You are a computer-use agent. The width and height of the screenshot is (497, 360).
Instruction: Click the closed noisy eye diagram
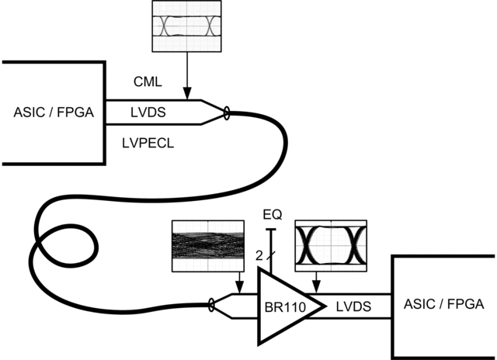tap(209, 246)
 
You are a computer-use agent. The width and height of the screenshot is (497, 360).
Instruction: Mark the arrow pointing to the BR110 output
tap(314, 286)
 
